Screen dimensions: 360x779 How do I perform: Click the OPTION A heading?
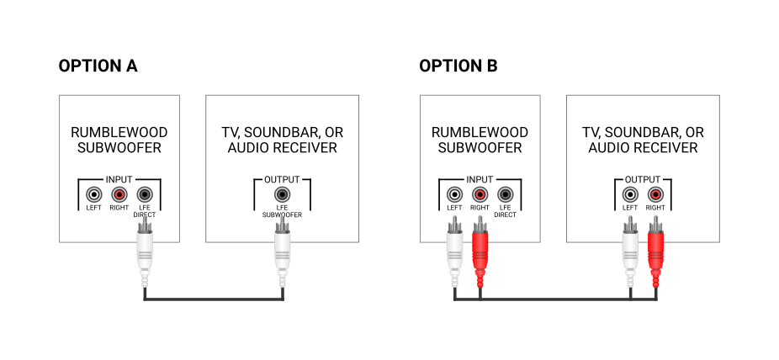98,66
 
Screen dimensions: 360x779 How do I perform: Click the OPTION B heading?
458,66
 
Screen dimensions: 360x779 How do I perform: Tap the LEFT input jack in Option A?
93,196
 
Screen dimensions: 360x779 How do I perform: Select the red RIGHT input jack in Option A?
119,196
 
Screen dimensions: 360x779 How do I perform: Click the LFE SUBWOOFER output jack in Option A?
283,196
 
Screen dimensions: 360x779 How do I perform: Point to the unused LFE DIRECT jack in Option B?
505,196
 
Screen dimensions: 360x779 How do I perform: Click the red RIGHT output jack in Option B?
655,196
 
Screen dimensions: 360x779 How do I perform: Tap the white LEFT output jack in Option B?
630,196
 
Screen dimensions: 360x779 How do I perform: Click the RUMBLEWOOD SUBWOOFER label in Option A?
119,140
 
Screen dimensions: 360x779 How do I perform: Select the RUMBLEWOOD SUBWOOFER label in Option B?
480,140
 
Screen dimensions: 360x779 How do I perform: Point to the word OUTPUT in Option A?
283,179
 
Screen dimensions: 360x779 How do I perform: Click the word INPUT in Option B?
480,179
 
